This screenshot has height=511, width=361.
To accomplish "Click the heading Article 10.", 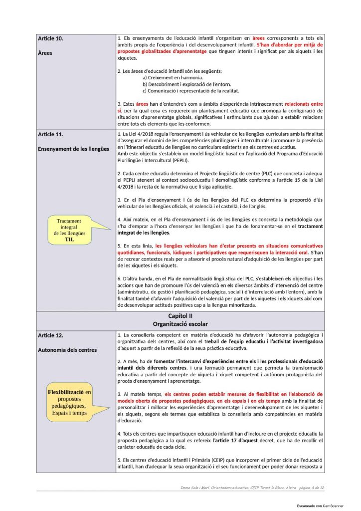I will [50, 38].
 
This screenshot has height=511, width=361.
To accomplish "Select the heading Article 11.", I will [50, 134].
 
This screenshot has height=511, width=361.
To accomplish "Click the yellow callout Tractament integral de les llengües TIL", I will [71, 230].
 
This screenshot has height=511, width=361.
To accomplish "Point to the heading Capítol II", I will [180, 316].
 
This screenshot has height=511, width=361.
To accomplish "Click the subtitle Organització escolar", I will [180, 324].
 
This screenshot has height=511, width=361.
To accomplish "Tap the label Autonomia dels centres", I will [67, 350].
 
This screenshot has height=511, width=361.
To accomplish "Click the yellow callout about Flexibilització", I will [70, 403].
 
